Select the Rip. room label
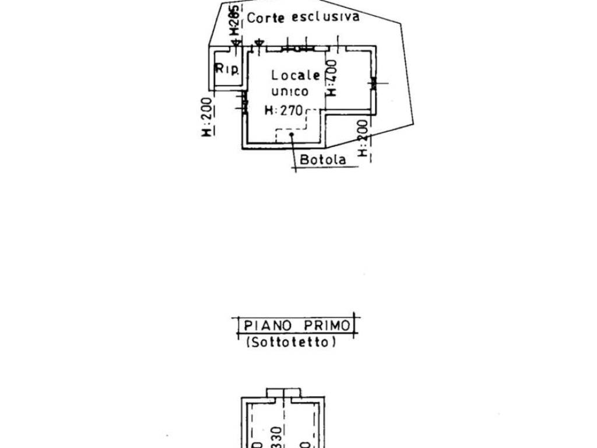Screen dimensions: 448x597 (x=227, y=69)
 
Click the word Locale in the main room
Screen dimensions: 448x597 (x=296, y=75)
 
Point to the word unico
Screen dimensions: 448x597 (x=290, y=92)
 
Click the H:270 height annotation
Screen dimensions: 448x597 (x=285, y=110)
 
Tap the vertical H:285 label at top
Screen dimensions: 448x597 (x=233, y=21)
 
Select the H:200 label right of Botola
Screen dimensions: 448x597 (x=363, y=138)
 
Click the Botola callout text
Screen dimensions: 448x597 (x=322, y=159)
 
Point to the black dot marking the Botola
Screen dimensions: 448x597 (x=292, y=134)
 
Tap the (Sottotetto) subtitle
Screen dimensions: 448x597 (x=291, y=342)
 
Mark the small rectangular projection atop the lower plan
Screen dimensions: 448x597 (x=283, y=393)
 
